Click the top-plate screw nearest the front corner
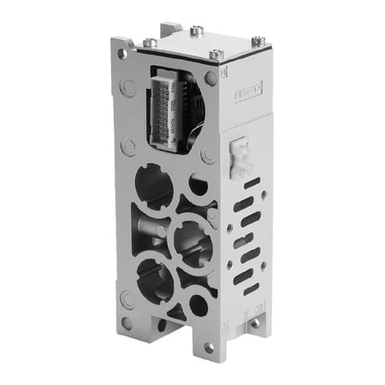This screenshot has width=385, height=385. (216, 55)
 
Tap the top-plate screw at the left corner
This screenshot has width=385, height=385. (151, 42)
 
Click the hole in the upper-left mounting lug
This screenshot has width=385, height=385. (123, 53)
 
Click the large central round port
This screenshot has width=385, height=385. (192, 239)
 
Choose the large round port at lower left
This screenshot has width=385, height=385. (155, 278)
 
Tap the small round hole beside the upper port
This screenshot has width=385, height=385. (198, 184)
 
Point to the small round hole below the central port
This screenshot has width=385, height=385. (198, 304)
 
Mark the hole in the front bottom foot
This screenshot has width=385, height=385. (206, 348)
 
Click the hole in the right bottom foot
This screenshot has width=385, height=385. (254, 323)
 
